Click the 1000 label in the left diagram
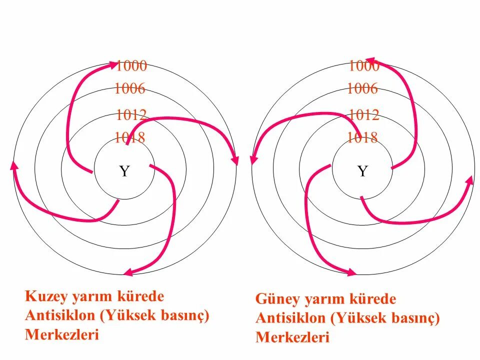(131, 65)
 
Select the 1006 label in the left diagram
(129, 89)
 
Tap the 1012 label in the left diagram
(131, 114)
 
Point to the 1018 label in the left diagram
(129, 137)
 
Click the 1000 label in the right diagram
(364, 65)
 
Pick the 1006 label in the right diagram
(362, 89)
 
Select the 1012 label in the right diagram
(364, 114)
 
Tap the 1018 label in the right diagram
(362, 137)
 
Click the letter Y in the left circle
(124, 171)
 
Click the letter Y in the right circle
(362, 171)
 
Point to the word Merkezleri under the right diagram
(292, 337)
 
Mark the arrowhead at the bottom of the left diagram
(128, 272)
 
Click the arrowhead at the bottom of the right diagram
(352, 272)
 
